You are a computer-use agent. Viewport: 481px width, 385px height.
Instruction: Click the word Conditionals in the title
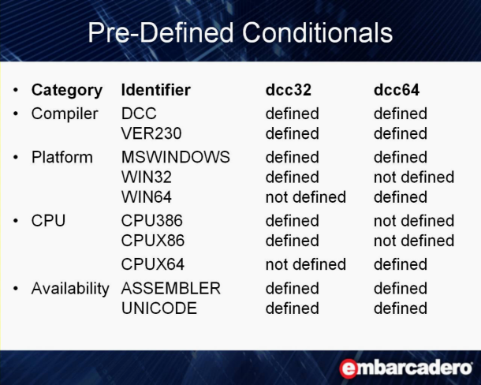(x=317, y=32)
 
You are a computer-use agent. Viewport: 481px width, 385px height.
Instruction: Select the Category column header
(x=67, y=91)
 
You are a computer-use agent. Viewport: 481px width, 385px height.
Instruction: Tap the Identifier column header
(x=156, y=90)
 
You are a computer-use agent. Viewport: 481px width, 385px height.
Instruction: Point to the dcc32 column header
(x=289, y=90)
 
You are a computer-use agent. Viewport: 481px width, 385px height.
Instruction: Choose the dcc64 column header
(x=397, y=90)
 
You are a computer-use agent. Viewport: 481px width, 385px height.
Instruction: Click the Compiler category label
(x=65, y=114)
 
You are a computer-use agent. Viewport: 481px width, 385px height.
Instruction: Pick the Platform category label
(x=62, y=157)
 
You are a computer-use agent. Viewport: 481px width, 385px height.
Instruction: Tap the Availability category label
(x=70, y=289)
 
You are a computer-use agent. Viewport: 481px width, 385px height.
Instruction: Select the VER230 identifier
(x=151, y=133)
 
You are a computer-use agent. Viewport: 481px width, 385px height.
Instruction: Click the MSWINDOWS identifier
(x=176, y=157)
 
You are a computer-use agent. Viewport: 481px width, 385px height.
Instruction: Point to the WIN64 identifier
(x=147, y=197)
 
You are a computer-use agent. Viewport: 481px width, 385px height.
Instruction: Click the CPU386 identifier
(x=152, y=221)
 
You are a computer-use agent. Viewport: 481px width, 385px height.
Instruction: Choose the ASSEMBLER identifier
(x=171, y=289)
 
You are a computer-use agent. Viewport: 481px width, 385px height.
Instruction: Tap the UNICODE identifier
(x=159, y=308)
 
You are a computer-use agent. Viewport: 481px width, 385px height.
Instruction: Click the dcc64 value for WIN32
(x=414, y=178)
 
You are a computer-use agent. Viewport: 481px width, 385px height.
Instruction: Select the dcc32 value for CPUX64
(x=305, y=264)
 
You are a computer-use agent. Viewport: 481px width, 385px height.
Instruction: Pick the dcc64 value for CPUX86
(x=414, y=241)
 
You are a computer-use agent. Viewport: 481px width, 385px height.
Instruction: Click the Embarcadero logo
(x=405, y=368)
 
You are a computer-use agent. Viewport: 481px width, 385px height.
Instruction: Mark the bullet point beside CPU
(x=16, y=221)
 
